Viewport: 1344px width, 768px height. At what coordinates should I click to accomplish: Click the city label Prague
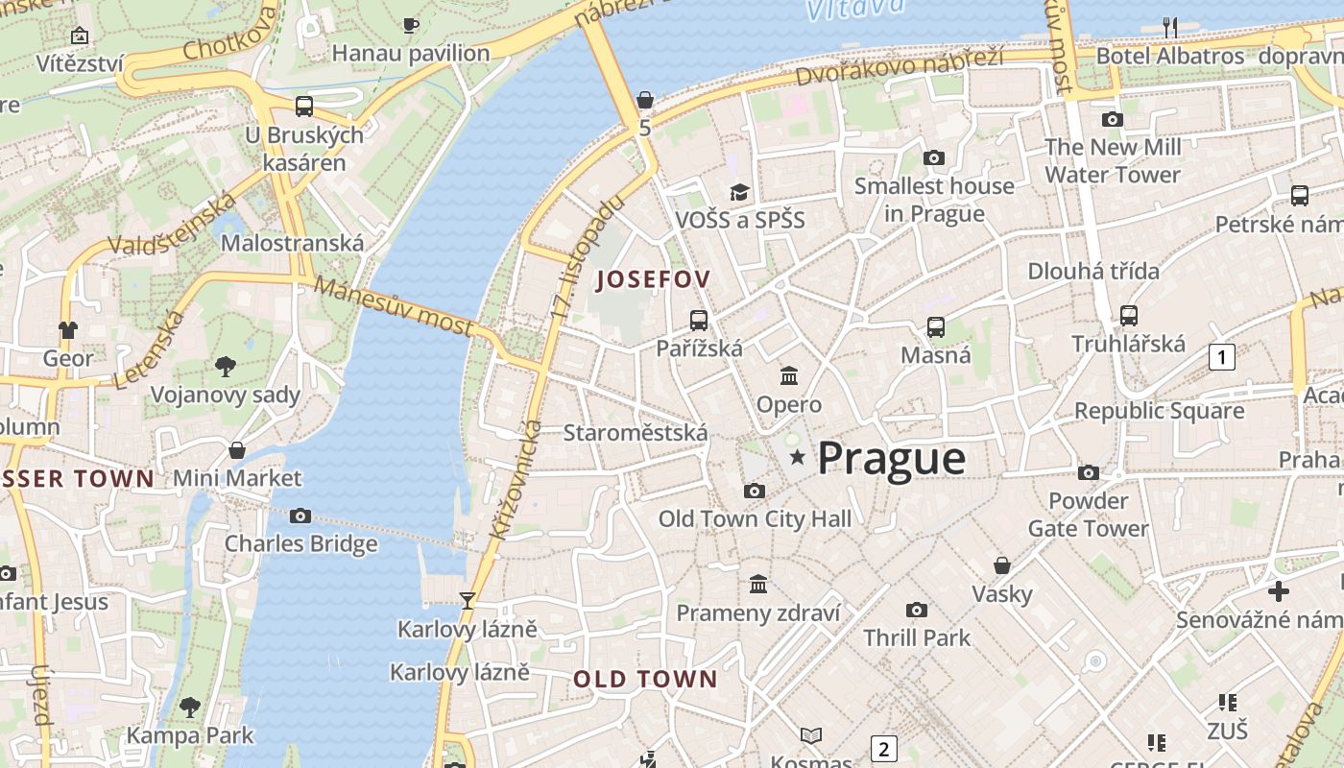tap(891, 458)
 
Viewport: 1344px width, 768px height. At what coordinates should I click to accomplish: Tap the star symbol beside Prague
tap(797, 458)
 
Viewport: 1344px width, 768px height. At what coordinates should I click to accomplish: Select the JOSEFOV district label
tap(653, 280)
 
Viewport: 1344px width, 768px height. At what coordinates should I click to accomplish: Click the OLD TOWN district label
tap(645, 680)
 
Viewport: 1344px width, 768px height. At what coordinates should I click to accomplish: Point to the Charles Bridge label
tap(300, 544)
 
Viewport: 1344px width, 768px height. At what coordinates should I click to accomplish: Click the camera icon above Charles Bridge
tap(300, 516)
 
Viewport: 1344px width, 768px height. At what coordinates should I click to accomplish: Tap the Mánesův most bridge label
tap(394, 306)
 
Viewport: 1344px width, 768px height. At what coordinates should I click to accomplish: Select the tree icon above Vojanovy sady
tap(226, 366)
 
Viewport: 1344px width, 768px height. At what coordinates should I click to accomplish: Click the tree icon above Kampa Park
tap(190, 708)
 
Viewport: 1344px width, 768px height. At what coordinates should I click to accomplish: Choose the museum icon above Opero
tap(789, 375)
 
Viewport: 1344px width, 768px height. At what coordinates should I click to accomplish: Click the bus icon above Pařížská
tap(699, 321)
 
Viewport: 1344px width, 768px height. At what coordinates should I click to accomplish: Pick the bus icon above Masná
tap(936, 326)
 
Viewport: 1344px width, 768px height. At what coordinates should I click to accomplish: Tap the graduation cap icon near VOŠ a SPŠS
tap(739, 192)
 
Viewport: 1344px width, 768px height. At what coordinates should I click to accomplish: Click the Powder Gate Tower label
tap(1088, 515)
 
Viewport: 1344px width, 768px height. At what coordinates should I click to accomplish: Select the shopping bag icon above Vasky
tap(1002, 565)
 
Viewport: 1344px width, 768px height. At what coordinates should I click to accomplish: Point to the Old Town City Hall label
tap(755, 519)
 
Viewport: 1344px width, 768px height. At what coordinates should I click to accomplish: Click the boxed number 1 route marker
tap(1221, 358)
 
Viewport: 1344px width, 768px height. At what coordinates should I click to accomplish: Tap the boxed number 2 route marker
tap(883, 749)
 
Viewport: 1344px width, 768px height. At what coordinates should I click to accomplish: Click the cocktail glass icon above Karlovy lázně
tap(468, 601)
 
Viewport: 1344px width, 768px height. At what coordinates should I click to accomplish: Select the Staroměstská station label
tap(635, 433)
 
